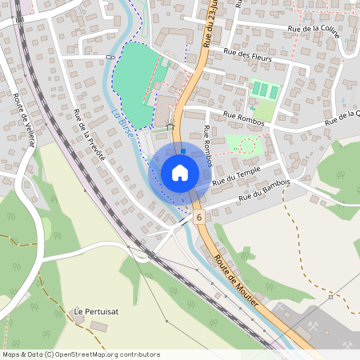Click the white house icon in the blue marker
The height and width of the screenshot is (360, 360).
[x=180, y=173]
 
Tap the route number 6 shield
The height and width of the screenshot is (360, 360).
[x=198, y=217]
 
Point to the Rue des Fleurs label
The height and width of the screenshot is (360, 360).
[x=247, y=56]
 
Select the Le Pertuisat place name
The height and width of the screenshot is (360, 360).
[x=90, y=310]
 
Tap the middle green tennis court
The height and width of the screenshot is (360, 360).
[x=265, y=90]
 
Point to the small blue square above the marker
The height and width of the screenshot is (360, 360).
[x=184, y=150]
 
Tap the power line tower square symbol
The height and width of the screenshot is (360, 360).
[x=330, y=297]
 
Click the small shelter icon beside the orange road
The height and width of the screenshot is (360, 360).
[x=170, y=126]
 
